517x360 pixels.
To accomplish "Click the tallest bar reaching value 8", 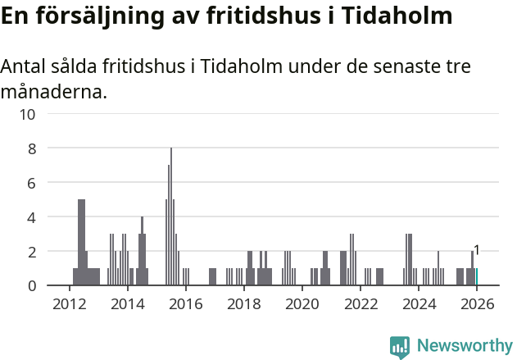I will (x=171, y=217).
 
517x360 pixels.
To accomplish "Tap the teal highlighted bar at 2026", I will (x=477, y=277).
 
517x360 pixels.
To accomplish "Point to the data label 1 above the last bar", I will (x=477, y=250).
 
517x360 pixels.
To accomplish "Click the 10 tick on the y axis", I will (x=27, y=114).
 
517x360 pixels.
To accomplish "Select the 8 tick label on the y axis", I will (x=31, y=148).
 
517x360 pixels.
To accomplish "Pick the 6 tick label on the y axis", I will (x=31, y=183).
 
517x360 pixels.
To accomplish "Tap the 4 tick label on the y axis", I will (x=31, y=217).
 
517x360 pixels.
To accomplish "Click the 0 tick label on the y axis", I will (x=31, y=285).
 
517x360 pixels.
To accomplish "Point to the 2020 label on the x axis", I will (x=302, y=303).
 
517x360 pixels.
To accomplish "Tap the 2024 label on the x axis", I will (x=419, y=303).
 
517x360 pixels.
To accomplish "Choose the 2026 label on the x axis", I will (x=477, y=303).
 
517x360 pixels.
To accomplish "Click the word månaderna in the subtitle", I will (x=53, y=91).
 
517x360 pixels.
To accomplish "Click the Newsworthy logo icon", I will (x=400, y=347).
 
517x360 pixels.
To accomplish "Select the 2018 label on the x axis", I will (x=244, y=303).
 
